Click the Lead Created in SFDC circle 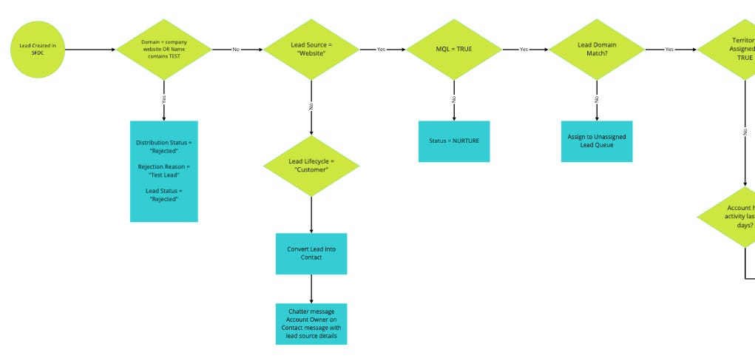coord(38,50)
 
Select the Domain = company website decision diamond coord(164,50)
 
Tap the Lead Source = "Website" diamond coord(311,50)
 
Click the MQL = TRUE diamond coord(454,50)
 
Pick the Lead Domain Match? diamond coord(596,50)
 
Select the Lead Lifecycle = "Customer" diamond coord(311,166)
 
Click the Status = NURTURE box coord(454,141)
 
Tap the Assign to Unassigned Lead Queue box coord(596,141)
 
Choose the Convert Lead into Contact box coord(311,254)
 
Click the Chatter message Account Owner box coord(311,323)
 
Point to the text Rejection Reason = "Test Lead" coord(164,171)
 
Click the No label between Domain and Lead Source coord(236,50)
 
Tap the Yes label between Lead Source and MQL coord(381,50)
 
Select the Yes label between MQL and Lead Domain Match coord(524,50)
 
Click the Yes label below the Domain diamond coord(164,98)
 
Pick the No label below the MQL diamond coord(454,99)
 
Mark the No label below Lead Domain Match coord(596,99)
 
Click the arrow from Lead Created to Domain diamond coord(90,50)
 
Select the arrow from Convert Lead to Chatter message coord(311,289)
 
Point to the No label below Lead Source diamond coord(311,106)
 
